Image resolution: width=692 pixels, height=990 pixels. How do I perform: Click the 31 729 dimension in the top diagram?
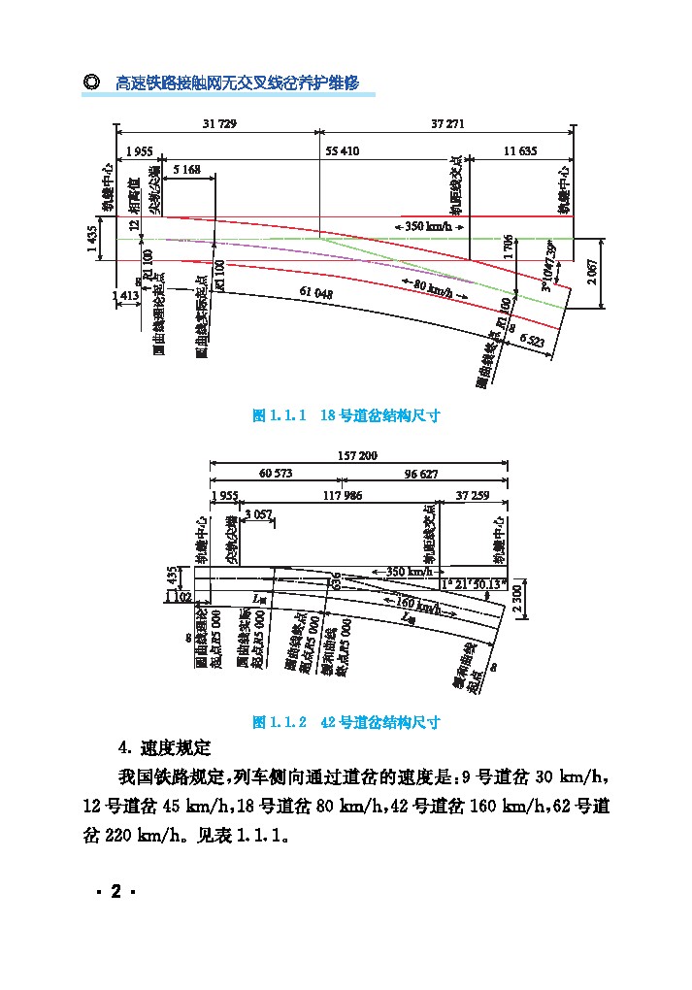[219, 124]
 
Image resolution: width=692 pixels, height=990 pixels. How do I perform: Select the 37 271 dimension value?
[447, 124]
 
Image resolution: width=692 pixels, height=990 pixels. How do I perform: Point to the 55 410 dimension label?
[343, 151]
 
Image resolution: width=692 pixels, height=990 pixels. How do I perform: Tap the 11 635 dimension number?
[520, 151]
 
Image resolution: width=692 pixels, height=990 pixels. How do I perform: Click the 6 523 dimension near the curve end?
[533, 339]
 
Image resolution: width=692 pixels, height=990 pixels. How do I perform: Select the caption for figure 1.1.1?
[346, 415]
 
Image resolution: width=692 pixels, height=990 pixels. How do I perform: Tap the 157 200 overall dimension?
[357, 455]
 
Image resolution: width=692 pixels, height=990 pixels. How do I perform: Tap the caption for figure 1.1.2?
[346, 723]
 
